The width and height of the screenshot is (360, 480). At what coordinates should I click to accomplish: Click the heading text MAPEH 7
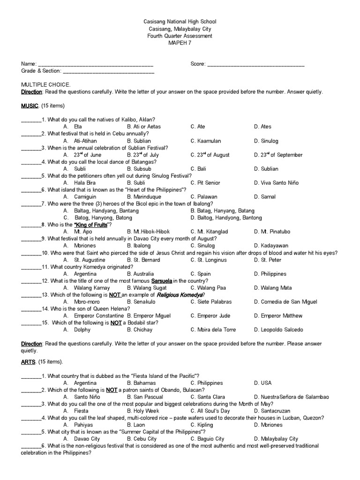pyautogui.click(x=180, y=43)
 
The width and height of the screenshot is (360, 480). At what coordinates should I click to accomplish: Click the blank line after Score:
pyautogui.click(x=255, y=64)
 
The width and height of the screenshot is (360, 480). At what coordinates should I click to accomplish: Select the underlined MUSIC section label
pyautogui.click(x=30, y=105)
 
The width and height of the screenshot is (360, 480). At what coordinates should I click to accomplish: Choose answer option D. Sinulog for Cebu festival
pyautogui.click(x=266, y=141)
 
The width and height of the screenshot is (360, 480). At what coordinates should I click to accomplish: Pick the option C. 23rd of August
pyautogui.click(x=210, y=155)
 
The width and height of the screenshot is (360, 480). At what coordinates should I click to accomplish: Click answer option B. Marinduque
pyautogui.click(x=142, y=197)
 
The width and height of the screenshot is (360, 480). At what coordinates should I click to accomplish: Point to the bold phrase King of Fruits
pyautogui.click(x=91, y=225)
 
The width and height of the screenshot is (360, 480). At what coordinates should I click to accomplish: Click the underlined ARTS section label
pyautogui.click(x=29, y=362)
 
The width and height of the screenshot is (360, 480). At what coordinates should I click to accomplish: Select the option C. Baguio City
pyautogui.click(x=207, y=439)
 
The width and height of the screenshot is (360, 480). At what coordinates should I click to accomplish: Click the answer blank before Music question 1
pyautogui.click(x=31, y=120)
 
